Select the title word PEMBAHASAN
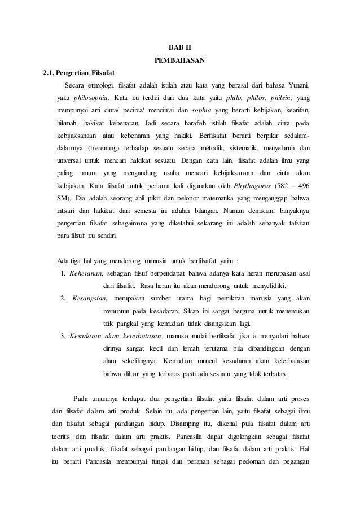[x=179, y=59]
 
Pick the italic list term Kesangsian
[x=89, y=298]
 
